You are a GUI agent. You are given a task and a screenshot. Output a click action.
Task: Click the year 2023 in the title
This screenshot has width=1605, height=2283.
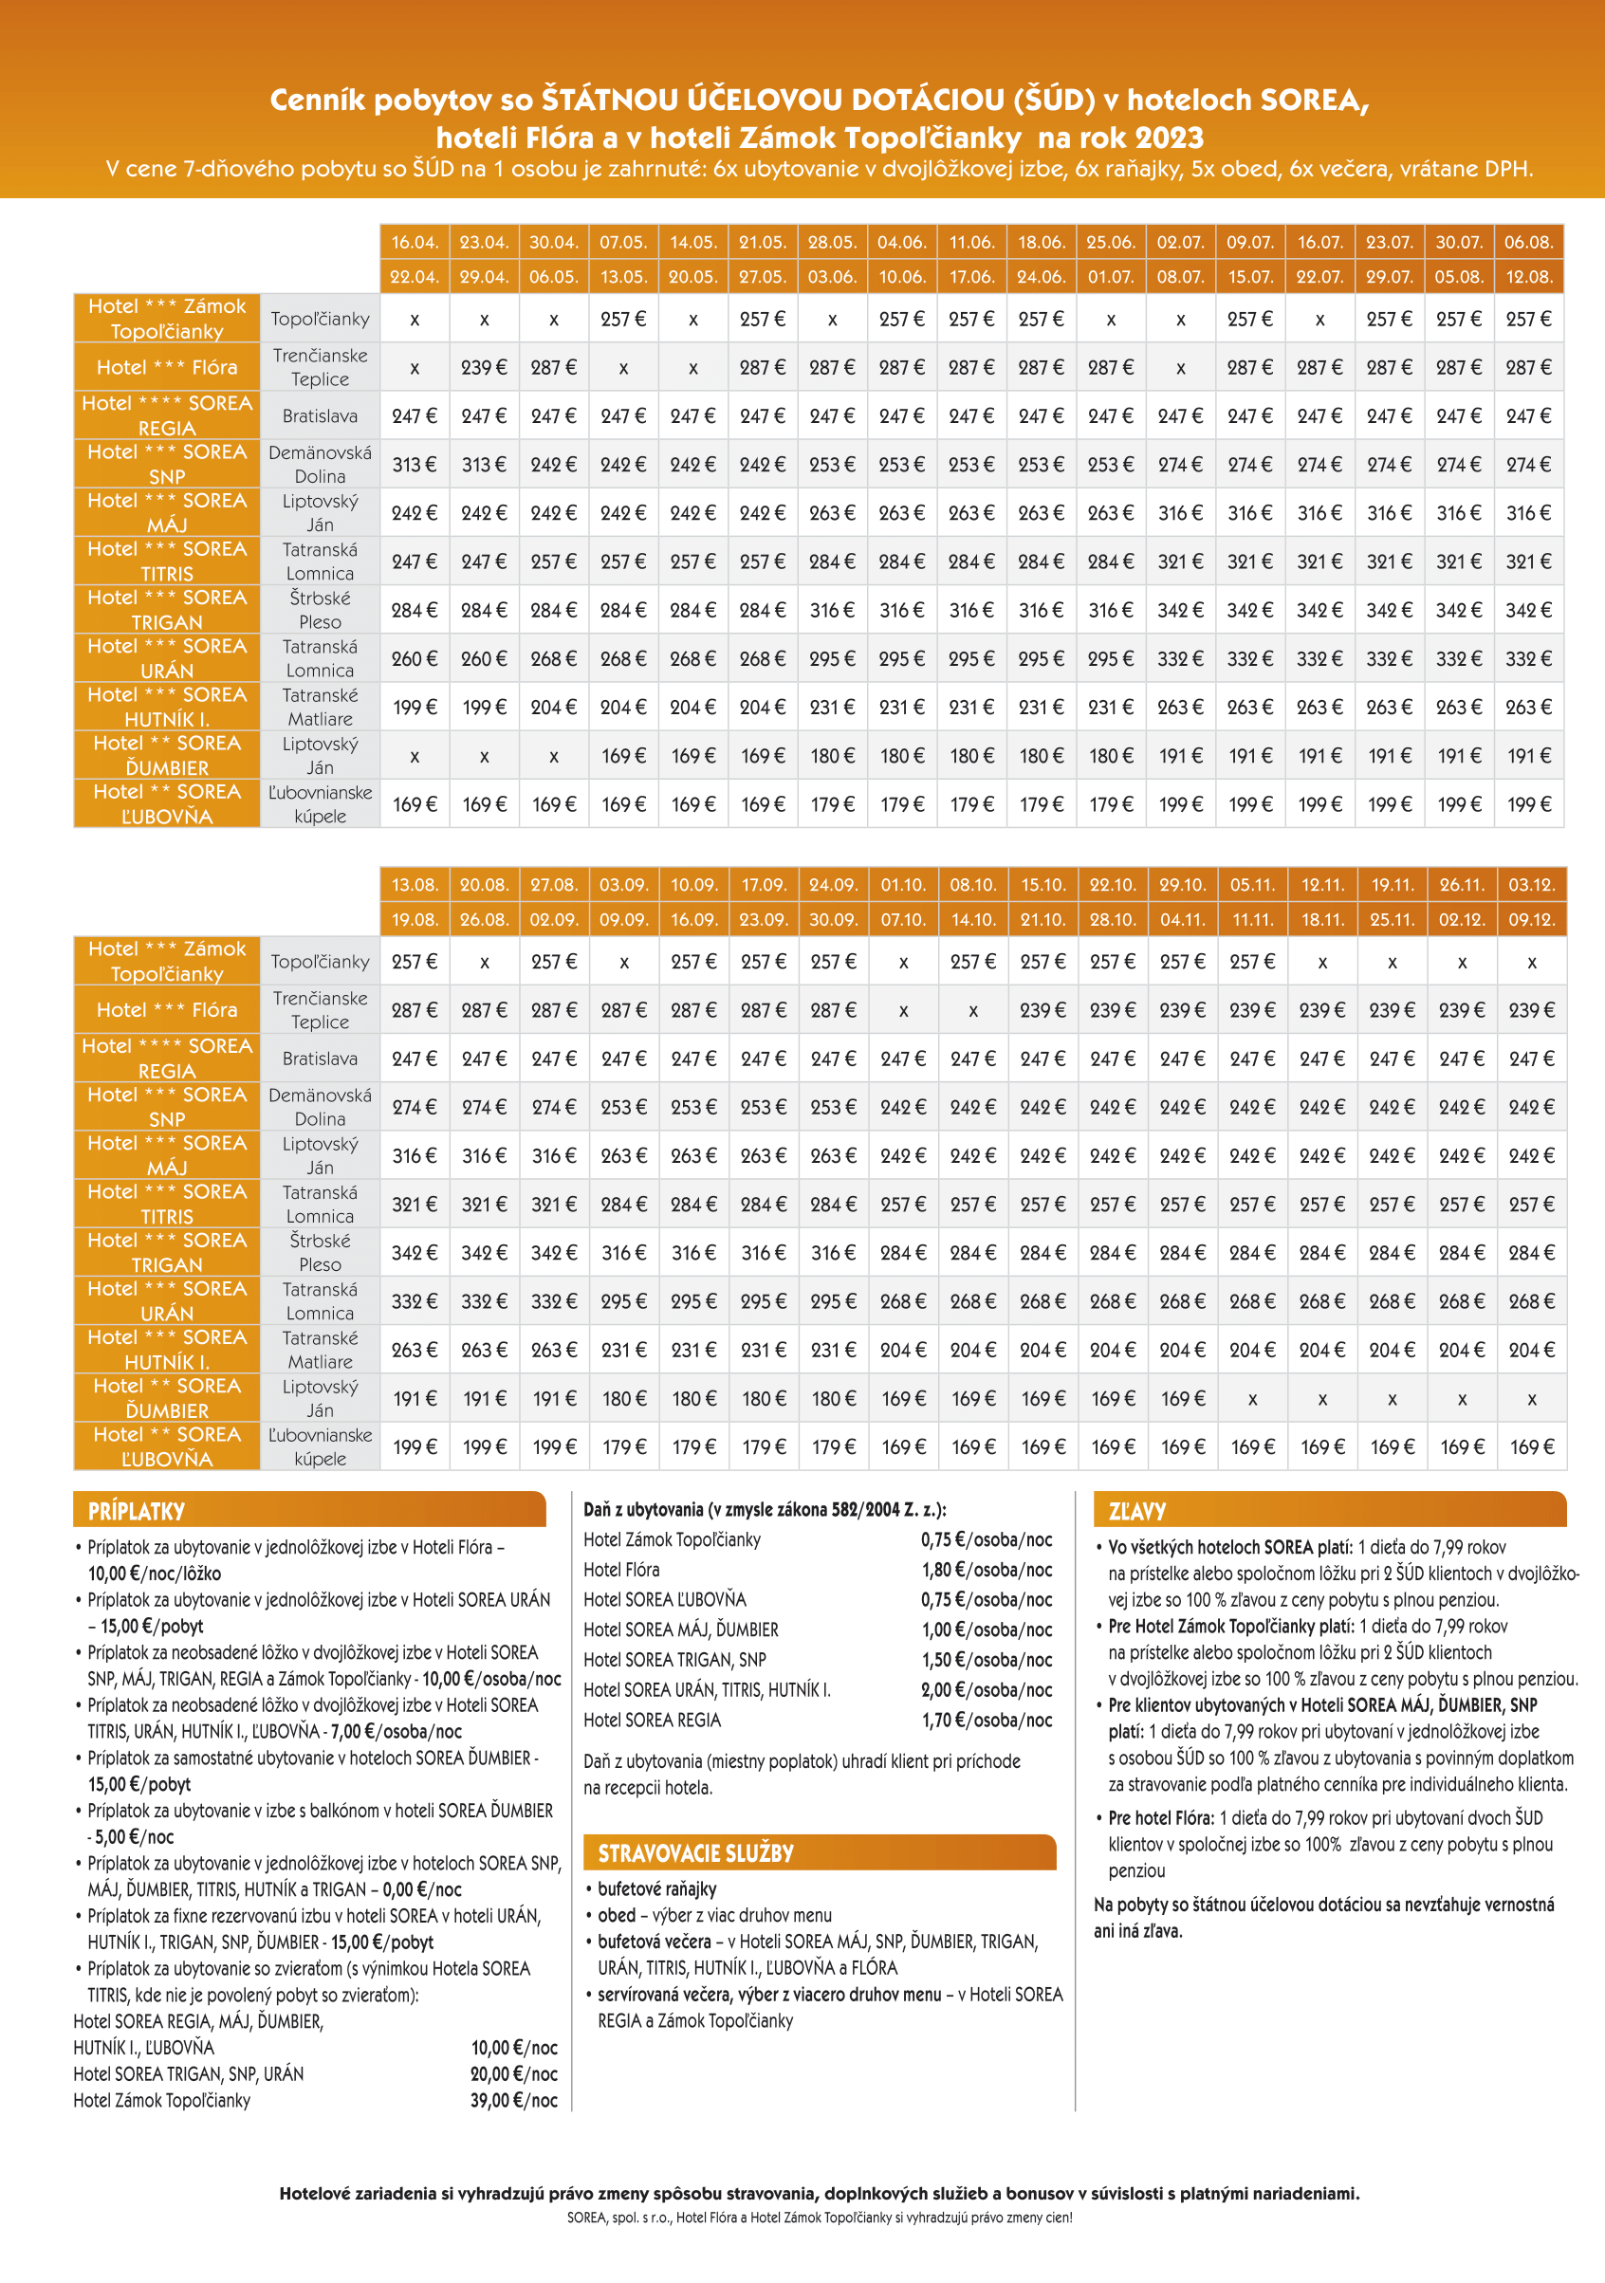coord(1169,138)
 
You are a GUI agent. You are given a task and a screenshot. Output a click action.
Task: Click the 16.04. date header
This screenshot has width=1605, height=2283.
coord(414,242)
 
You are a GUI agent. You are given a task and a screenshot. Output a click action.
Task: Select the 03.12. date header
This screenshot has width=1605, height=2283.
coord(1531,884)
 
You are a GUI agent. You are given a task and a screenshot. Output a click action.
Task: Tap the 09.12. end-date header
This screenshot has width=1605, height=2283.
coord(1531,919)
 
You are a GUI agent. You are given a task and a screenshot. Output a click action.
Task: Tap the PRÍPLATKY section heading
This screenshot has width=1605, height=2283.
coord(137,1511)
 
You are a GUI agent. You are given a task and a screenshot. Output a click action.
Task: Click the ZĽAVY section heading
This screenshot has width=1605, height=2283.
coord(1136,1511)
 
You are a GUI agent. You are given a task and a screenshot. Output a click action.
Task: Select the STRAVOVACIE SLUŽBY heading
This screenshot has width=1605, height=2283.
coord(695,1852)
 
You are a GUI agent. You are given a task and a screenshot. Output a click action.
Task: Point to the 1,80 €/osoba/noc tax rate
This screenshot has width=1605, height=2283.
coord(986,1569)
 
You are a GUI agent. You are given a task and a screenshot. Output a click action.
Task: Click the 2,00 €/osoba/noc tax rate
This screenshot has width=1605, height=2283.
coord(986,1689)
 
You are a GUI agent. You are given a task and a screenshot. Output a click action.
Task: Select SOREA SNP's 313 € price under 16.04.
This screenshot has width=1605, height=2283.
coord(414,465)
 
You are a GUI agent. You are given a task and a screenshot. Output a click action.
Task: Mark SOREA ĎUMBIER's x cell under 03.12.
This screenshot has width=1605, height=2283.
coord(1531,1399)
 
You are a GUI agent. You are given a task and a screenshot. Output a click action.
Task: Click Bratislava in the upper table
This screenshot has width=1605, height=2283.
coord(320,415)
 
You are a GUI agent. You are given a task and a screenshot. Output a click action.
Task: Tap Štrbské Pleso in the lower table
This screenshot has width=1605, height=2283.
coord(320,1252)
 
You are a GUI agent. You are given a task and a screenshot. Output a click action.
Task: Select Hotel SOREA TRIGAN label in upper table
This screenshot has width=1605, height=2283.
coord(167,610)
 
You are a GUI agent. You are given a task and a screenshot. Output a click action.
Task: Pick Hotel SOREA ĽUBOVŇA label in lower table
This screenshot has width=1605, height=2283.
coord(167,1445)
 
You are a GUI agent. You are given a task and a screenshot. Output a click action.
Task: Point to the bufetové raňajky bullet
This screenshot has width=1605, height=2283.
coord(656,1888)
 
